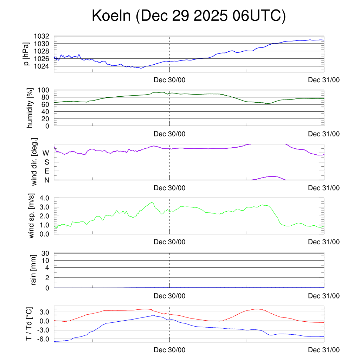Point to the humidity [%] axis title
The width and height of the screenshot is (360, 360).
tap(30, 108)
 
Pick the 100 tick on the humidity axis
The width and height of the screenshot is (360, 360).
tap(46, 90)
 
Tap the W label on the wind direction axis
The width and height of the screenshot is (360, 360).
tap(46, 153)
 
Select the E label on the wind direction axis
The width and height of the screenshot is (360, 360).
tap(46, 171)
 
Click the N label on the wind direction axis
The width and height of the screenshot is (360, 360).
tap(46, 180)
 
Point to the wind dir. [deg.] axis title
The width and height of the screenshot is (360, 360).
tap(34, 162)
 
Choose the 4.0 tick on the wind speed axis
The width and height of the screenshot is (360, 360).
tap(44, 198)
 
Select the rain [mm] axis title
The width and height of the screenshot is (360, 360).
tap(34, 270)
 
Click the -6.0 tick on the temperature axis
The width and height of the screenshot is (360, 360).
tap(44, 339)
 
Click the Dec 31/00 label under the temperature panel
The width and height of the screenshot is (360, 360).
tap(324, 350)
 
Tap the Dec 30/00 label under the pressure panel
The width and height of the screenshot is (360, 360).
tap(169, 80)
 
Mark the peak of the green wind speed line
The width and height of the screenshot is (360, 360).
tap(152, 202)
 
